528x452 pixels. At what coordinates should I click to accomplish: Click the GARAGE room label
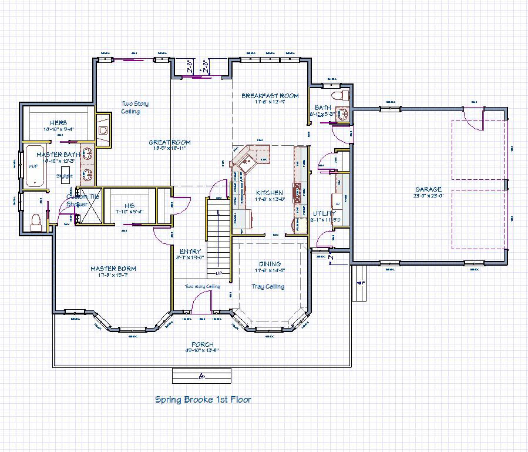pyautogui.click(x=428, y=189)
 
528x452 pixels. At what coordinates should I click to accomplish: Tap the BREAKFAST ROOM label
pyautogui.click(x=270, y=95)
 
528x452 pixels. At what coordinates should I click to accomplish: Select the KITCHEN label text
pyautogui.click(x=270, y=193)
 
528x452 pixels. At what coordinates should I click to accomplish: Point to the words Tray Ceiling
pyautogui.click(x=269, y=286)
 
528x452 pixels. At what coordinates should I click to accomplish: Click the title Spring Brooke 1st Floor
pyautogui.click(x=203, y=400)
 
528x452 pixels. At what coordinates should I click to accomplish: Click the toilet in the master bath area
pyautogui.click(x=35, y=220)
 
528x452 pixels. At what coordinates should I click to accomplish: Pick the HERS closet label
pyautogui.click(x=58, y=123)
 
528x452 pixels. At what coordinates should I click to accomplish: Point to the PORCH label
pyautogui.click(x=202, y=344)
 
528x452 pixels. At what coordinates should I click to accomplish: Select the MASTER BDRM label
pyautogui.click(x=113, y=269)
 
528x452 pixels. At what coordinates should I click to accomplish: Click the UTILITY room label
pyautogui.click(x=324, y=213)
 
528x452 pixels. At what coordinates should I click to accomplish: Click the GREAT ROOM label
pyautogui.click(x=169, y=142)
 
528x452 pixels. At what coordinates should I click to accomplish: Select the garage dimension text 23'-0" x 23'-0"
pyautogui.click(x=428, y=196)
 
